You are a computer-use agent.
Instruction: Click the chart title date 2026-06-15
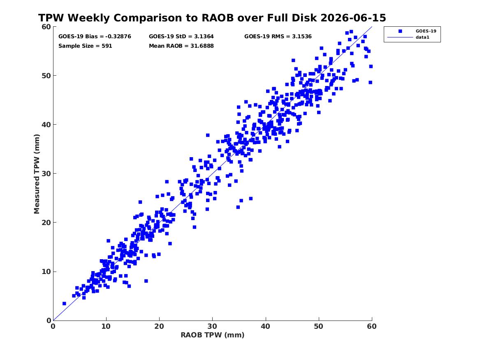pyautogui.click(x=353, y=18)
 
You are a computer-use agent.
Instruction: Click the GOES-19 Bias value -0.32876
pyautogui.click(x=118, y=37)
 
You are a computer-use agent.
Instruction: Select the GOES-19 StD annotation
pyautogui.click(x=181, y=37)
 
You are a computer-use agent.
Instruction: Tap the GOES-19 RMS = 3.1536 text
pyautogui.click(x=278, y=37)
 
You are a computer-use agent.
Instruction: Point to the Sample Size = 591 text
pyautogui.click(x=85, y=46)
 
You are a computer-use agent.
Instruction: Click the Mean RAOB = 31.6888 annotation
pyautogui.click(x=181, y=46)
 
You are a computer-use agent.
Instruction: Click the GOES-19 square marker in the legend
pyautogui.click(x=400, y=31)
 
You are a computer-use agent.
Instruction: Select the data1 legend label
pyautogui.click(x=422, y=37)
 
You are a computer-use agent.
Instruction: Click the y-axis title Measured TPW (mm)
pyautogui.click(x=37, y=174)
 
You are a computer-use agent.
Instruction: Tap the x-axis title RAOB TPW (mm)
pyautogui.click(x=213, y=335)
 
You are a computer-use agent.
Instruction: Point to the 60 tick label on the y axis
pyautogui.click(x=46, y=27)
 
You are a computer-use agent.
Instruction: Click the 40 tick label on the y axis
pyautogui.click(x=46, y=125)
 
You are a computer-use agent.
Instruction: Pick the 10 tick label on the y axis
pyautogui.click(x=46, y=272)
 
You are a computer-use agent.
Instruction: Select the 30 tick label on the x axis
pyautogui.click(x=213, y=326)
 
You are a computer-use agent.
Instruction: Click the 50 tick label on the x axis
pyautogui.click(x=319, y=326)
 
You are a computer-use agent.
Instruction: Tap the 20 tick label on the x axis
pyautogui.click(x=159, y=326)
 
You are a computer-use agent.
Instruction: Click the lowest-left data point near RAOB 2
pyautogui.click(x=64, y=303)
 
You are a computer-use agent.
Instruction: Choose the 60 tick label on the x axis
pyautogui.click(x=372, y=326)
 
